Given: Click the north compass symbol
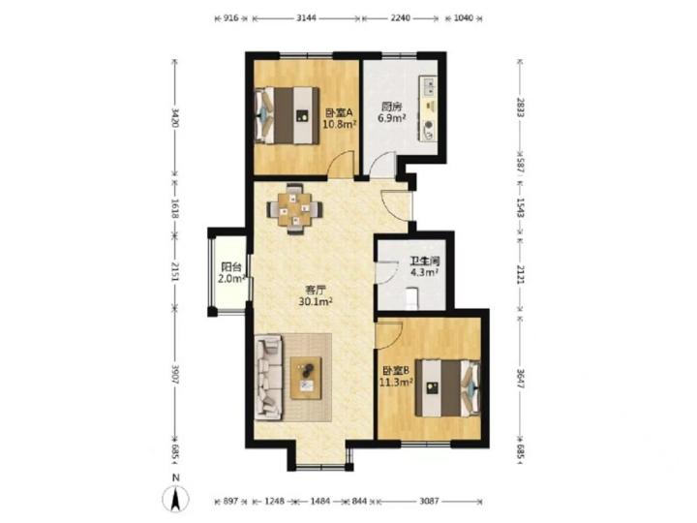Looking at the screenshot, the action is [x=175, y=498].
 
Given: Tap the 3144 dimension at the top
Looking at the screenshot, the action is [x=306, y=18].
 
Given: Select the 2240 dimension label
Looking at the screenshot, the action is [x=400, y=18].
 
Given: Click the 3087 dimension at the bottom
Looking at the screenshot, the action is [x=429, y=502].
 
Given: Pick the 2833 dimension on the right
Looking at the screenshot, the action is [x=521, y=108].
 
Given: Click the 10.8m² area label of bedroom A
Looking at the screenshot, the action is [x=340, y=125].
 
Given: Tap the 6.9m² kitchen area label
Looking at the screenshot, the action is [x=392, y=118].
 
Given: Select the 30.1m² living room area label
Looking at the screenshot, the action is [x=316, y=302].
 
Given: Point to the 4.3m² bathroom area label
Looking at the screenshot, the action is [x=425, y=272].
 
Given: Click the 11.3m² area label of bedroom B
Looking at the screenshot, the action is [x=396, y=382].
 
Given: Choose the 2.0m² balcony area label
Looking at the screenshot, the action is [x=231, y=279].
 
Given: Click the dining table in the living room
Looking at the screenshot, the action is [x=294, y=208].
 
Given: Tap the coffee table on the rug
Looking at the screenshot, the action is [x=306, y=378].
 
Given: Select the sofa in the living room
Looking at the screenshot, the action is [x=268, y=377].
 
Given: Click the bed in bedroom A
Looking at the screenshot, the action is [x=287, y=115].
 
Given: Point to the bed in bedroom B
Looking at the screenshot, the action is [x=448, y=388].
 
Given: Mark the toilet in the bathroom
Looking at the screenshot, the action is [x=412, y=297].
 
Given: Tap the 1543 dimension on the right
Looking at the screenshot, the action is [x=521, y=208].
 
